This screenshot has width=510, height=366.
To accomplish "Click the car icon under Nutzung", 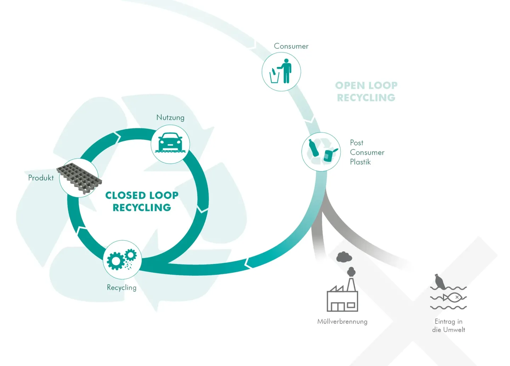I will tap(170, 143).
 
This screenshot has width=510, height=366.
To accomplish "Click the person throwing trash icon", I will tap(282, 72).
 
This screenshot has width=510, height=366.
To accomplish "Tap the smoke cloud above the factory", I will tap(344, 257).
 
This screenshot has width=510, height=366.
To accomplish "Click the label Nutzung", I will tap(170, 117).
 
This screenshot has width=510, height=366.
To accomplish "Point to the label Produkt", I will tap(41, 178).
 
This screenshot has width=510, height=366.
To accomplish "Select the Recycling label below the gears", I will tap(121, 287).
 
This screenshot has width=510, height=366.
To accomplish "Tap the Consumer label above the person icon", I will tap(291, 46).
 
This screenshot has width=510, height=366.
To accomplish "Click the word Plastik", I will tap(360, 162).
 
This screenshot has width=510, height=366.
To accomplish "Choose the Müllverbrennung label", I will tap(342, 322).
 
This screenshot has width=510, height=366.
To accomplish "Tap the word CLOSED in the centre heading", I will tap(126, 195).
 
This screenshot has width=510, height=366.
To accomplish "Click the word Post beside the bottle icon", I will tap(357, 143).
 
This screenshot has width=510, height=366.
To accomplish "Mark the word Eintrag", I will tap(445, 322).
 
